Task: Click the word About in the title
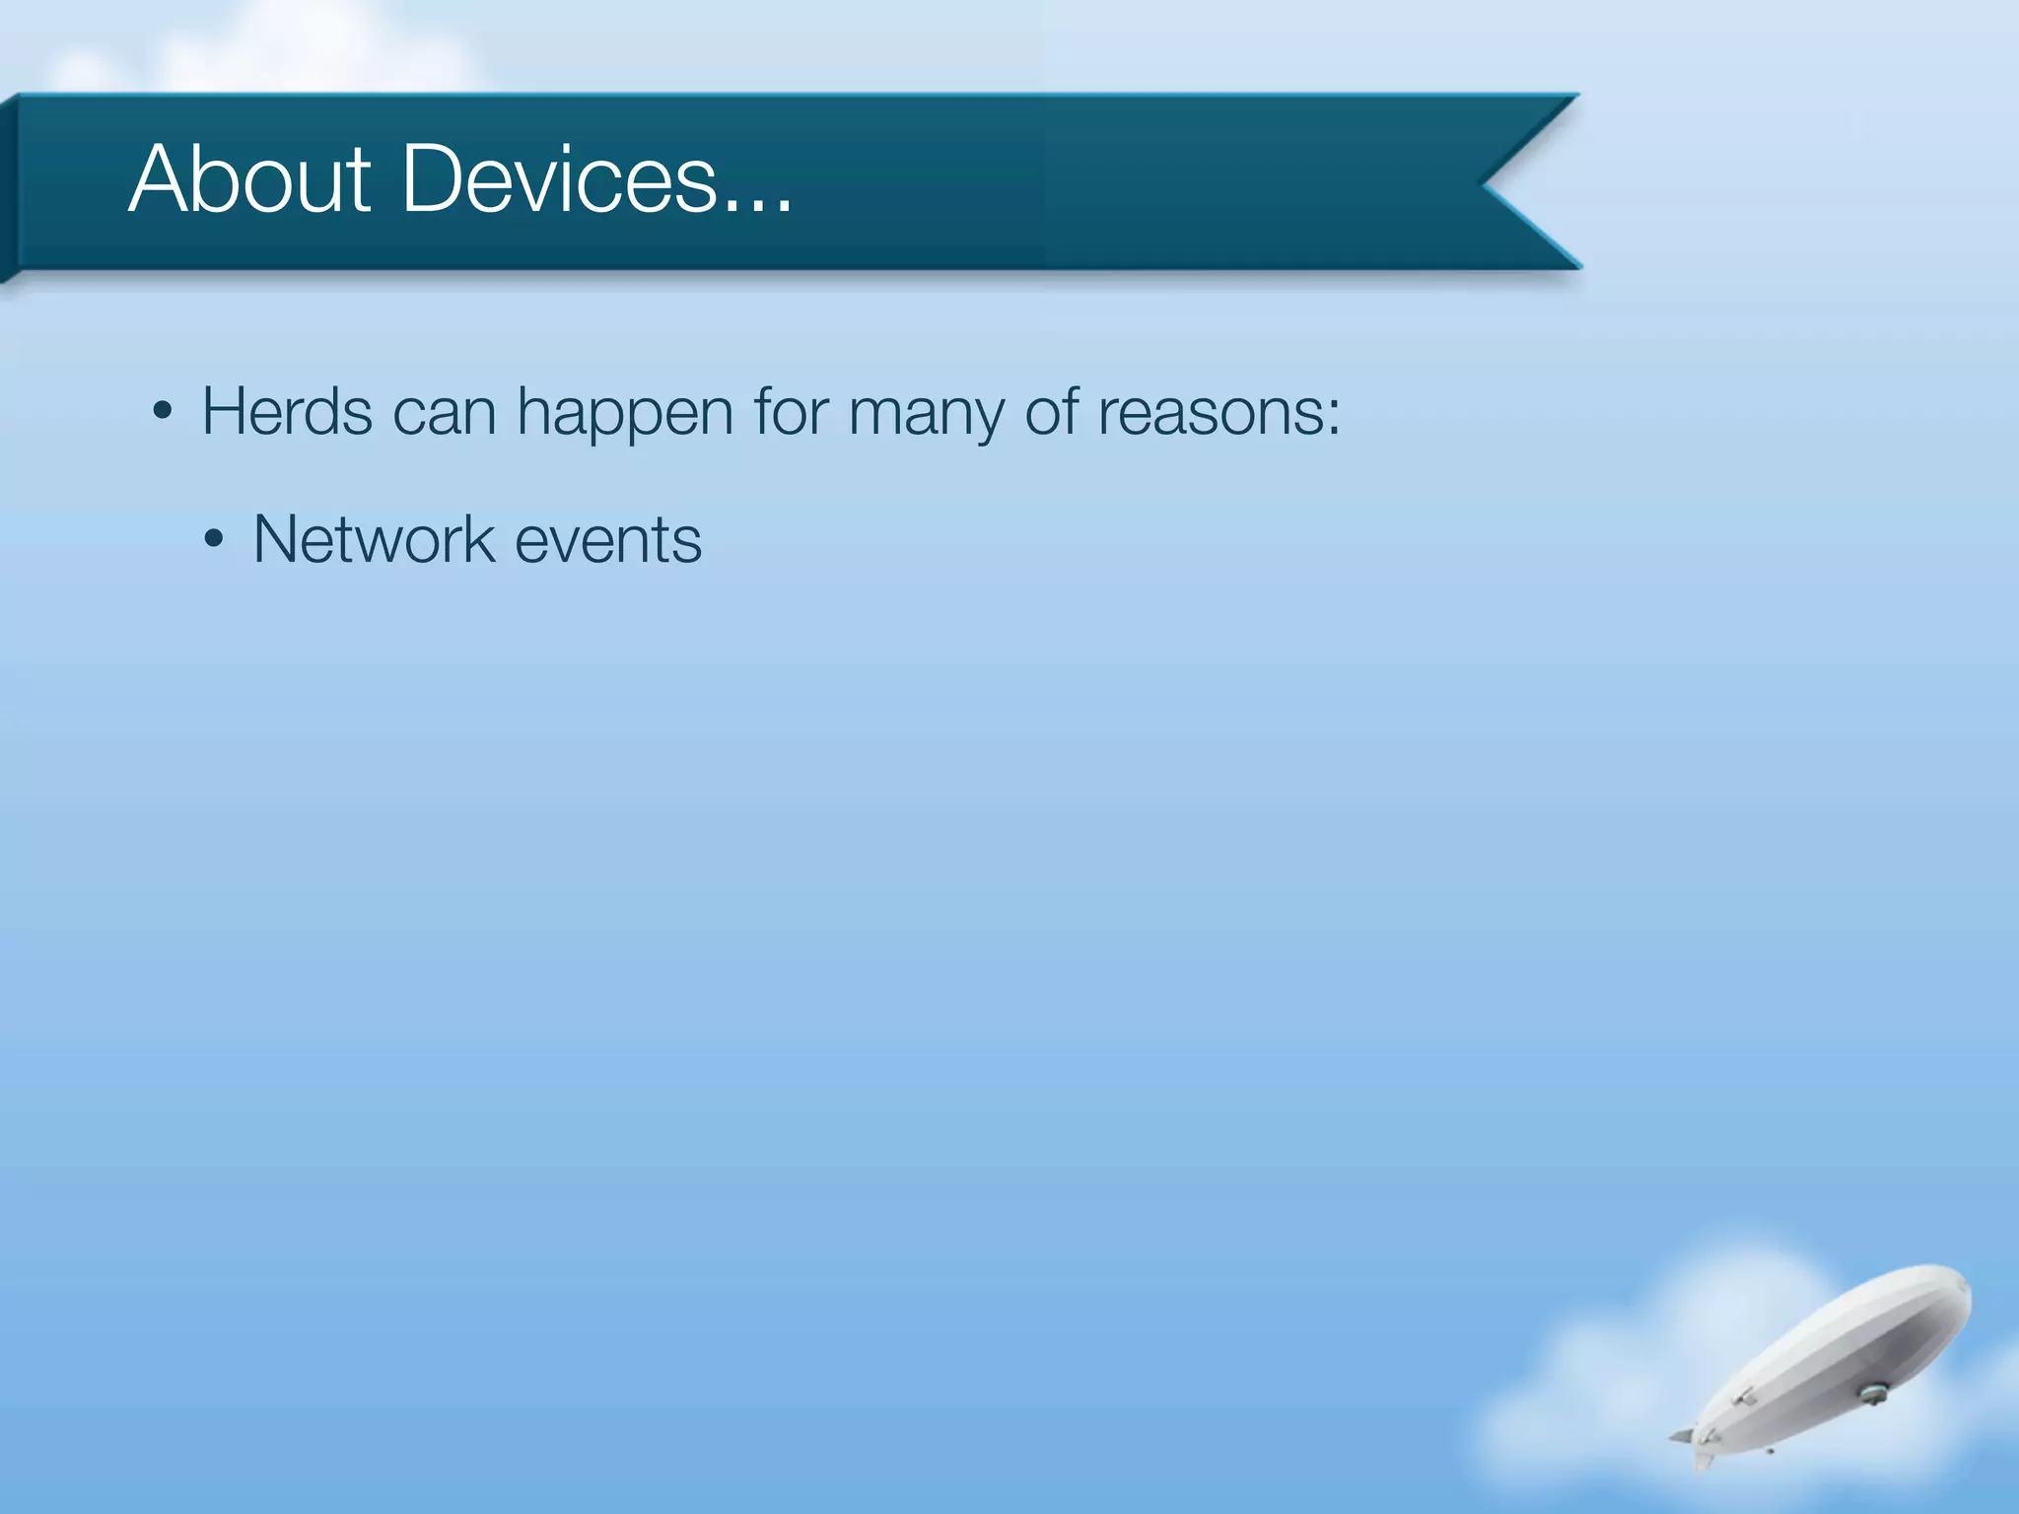tap(249, 179)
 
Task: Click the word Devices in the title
tap(559, 179)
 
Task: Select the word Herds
tap(287, 411)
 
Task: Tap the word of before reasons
tap(1051, 411)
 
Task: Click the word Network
tap(374, 540)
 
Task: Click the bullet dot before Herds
tap(164, 412)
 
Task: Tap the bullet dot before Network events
tap(214, 540)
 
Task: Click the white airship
tap(1834, 1360)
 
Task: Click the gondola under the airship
tap(1871, 1394)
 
